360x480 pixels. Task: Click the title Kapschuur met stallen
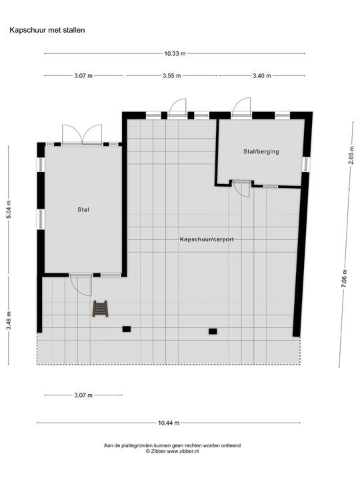47,30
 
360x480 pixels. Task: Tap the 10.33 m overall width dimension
175,53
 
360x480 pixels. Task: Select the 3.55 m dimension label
171,75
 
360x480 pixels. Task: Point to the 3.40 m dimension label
261,75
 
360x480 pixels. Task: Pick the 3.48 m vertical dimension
9,319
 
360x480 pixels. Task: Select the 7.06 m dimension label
345,277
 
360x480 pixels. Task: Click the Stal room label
83,209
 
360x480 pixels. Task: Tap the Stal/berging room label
260,151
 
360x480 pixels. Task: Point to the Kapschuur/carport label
206,239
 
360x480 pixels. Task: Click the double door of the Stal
82,135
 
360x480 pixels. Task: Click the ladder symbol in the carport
100,309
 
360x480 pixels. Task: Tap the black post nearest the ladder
127,329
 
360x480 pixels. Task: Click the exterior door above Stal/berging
241,107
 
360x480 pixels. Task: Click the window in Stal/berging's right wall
306,163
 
